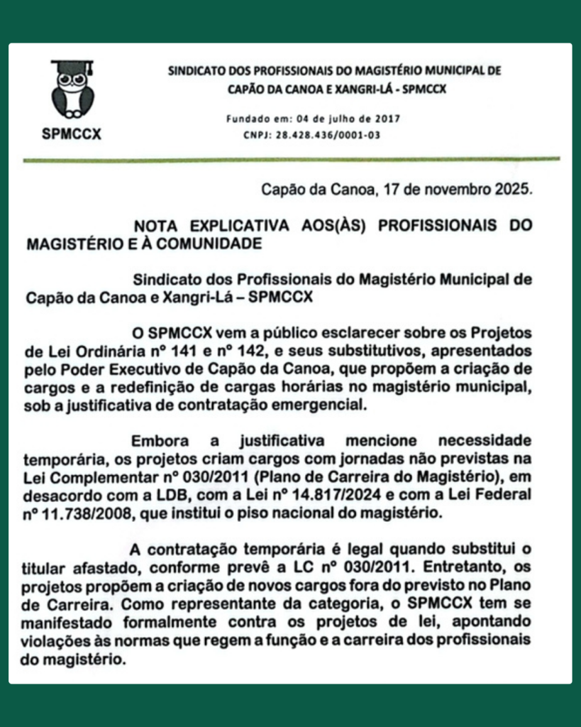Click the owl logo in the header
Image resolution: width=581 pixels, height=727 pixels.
[x=72, y=91]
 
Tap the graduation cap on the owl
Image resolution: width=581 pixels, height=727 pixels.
[x=72, y=68]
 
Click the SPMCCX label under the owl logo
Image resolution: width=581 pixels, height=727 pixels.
[x=72, y=133]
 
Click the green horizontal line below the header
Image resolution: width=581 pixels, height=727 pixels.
[x=291, y=160]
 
